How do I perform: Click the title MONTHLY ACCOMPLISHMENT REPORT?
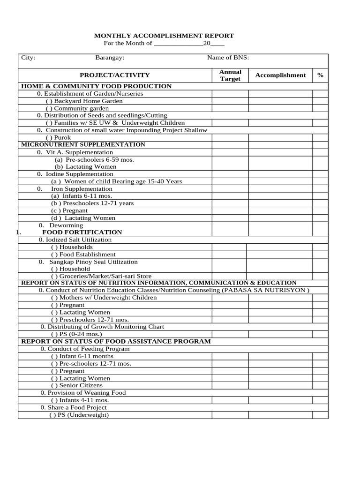[164, 36]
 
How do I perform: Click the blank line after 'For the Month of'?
[178, 44]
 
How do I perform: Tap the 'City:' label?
[28, 58]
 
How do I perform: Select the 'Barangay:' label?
[110, 58]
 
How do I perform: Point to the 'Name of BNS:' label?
[228, 58]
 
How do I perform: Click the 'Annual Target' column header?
[230, 75]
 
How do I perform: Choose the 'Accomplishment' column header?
[280, 75]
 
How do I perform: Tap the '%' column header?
[320, 75]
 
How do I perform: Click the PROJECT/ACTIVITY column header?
[115, 75]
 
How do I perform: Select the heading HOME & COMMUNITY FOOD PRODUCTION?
[97, 86]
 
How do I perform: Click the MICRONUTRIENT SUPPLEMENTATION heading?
[83, 144]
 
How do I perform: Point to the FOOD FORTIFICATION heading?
[82, 232]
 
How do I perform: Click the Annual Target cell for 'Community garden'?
[230, 108]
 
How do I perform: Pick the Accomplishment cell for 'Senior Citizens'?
[280, 385]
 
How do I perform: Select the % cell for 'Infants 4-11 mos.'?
[320, 400]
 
